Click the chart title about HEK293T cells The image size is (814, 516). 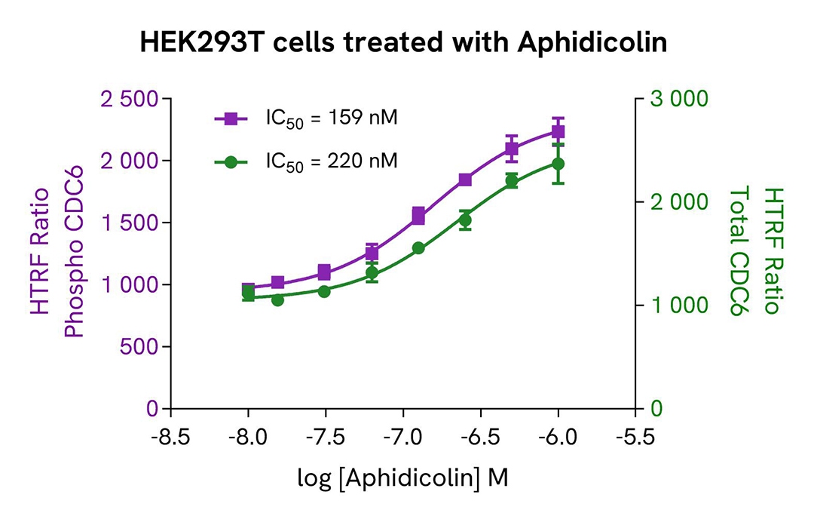tap(404, 43)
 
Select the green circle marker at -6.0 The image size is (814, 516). tap(558, 164)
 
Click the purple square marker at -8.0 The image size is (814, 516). tap(248, 290)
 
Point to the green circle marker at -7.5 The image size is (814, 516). tap(324, 291)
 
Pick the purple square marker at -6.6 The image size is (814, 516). tap(465, 180)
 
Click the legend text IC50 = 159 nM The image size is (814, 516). tap(331, 118)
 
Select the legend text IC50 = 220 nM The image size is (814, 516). tap(331, 161)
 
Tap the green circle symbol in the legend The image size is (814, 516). tap(232, 161)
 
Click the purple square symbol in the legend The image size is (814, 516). tap(232, 118)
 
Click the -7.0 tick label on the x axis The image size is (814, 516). tap(402, 438)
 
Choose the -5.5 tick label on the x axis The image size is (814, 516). tap(635, 438)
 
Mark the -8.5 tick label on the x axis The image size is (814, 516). tap(171, 438)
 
